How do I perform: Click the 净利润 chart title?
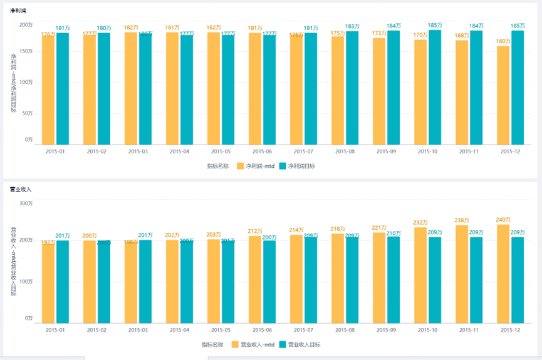click(x=17, y=11)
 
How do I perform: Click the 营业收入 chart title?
click(x=20, y=188)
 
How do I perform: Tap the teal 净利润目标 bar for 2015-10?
click(x=434, y=87)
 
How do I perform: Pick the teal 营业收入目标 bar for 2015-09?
click(x=393, y=280)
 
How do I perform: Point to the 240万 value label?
click(x=503, y=220)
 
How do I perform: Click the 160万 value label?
click(x=503, y=41)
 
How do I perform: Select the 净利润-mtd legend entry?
click(x=256, y=166)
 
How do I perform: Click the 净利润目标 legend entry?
click(x=298, y=166)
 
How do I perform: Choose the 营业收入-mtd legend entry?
click(x=253, y=344)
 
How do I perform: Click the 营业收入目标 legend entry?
click(x=300, y=344)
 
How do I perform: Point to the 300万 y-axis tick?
click(x=26, y=203)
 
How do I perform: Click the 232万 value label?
click(x=420, y=223)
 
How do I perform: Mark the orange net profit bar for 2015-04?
click(x=172, y=88)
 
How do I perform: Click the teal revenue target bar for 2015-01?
click(x=63, y=282)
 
